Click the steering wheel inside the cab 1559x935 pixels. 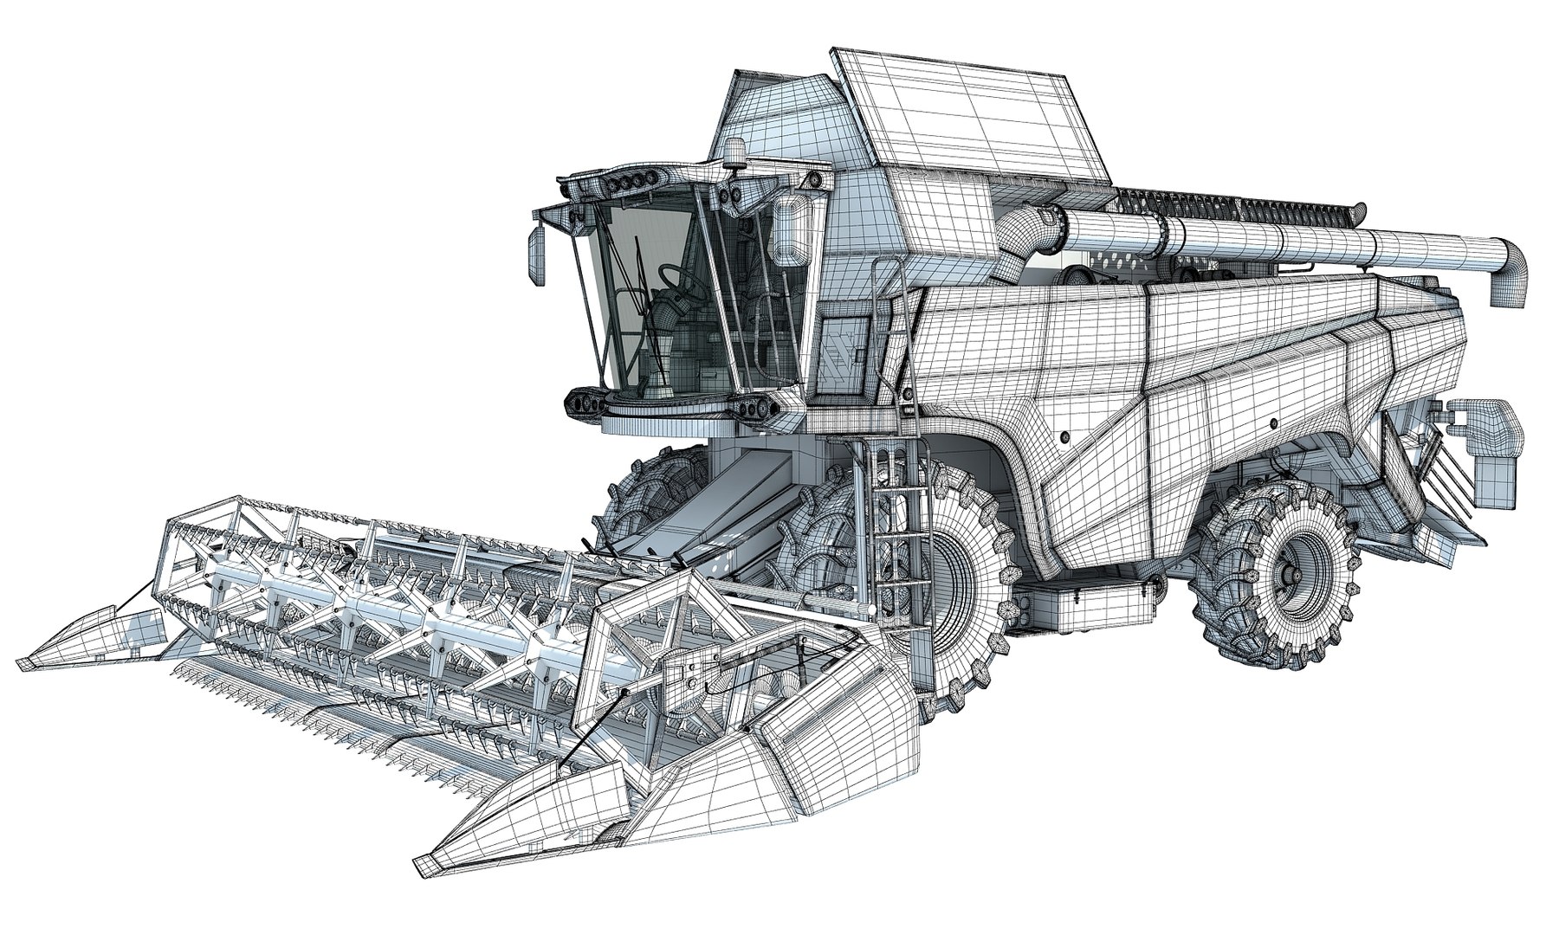tap(673, 279)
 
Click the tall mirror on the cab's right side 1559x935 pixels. tap(789, 229)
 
